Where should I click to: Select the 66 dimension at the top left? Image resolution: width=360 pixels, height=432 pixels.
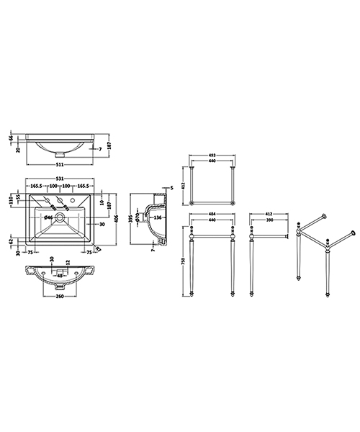(12, 138)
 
